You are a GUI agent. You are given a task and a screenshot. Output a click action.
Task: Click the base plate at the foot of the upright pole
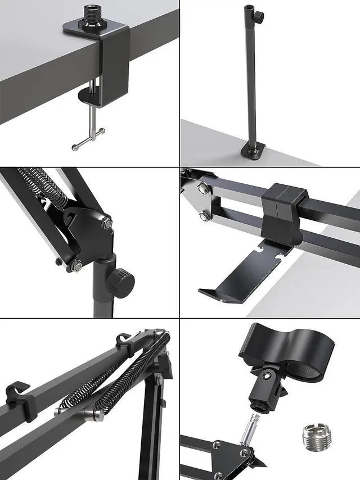[254, 150]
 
